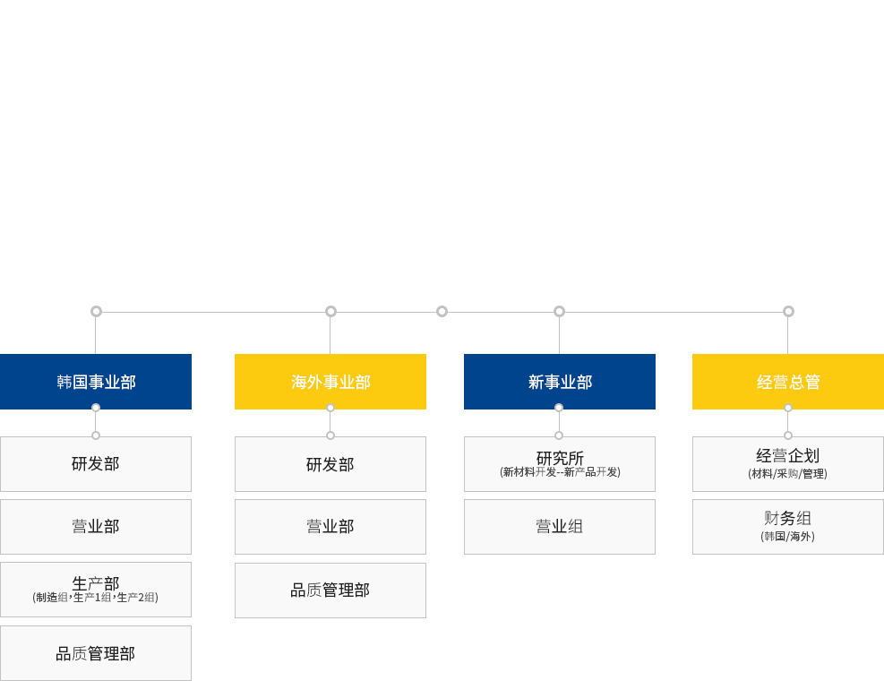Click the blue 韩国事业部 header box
(96, 382)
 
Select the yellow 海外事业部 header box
(330, 382)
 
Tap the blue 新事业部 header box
(560, 382)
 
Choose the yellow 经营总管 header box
(788, 382)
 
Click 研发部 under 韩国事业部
(96, 464)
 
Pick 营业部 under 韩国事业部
(96, 526)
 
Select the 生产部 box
(96, 589)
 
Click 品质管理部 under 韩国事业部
(96, 653)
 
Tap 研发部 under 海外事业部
(330, 464)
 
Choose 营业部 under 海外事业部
(330, 526)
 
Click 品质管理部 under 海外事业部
(330, 590)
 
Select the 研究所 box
(560, 464)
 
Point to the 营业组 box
(560, 526)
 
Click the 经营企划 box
(788, 464)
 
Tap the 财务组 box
(788, 526)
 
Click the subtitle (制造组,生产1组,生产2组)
(95, 598)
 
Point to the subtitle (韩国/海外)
(787, 536)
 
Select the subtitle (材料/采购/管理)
(787, 473)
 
